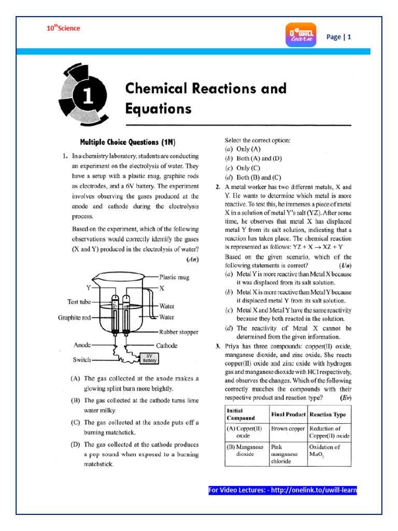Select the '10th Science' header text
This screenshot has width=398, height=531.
click(63, 28)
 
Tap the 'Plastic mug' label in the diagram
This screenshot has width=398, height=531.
click(175, 277)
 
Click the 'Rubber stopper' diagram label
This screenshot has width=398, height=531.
click(179, 332)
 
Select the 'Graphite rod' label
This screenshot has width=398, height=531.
click(74, 318)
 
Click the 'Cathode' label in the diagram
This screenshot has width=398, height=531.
click(166, 345)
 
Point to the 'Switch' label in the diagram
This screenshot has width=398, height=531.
click(82, 359)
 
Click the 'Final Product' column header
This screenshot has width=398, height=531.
click(287, 415)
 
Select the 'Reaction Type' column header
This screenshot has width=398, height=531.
click(329, 415)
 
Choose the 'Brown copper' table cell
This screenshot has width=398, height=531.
click(287, 429)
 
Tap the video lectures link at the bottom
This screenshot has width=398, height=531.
click(282, 490)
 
